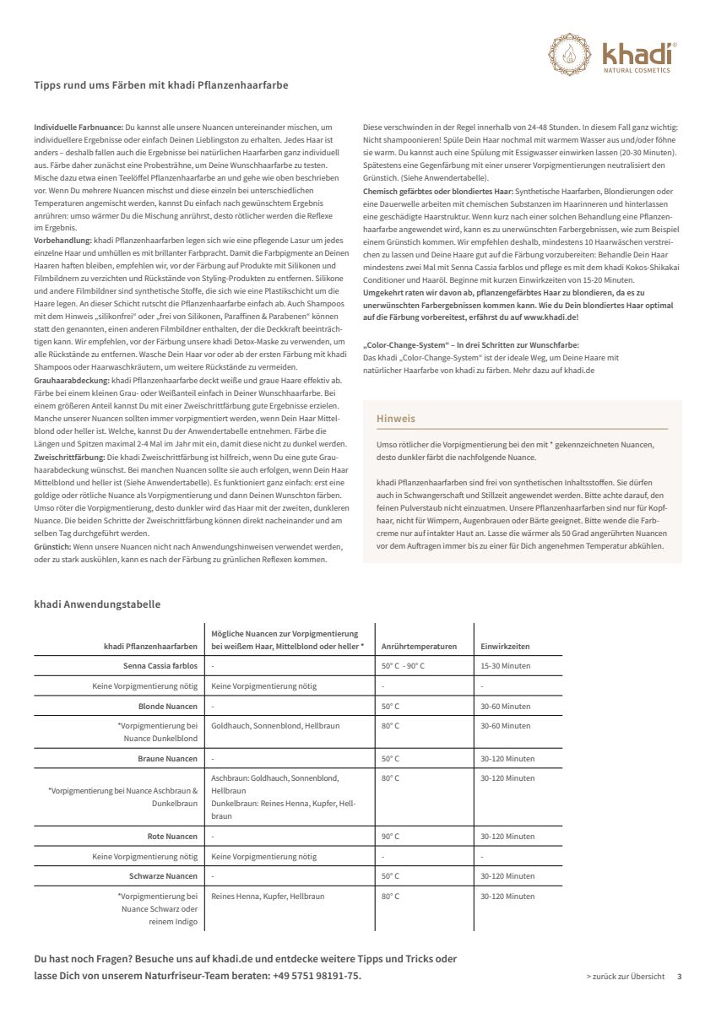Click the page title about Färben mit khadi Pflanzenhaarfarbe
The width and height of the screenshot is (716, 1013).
click(166, 85)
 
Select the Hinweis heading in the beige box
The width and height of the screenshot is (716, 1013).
click(396, 419)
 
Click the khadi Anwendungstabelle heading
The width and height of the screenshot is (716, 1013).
click(97, 604)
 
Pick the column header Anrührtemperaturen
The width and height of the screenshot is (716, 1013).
click(419, 647)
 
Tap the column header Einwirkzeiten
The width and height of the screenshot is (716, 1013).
click(505, 647)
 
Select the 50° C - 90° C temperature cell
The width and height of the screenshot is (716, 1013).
click(403, 666)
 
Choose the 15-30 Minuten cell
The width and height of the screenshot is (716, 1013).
click(505, 666)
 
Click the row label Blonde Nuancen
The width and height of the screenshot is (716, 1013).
click(168, 707)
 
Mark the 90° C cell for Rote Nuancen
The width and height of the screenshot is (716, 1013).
click(390, 837)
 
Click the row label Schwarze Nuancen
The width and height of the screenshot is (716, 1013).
click(163, 876)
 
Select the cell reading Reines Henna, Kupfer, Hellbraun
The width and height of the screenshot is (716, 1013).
click(267, 896)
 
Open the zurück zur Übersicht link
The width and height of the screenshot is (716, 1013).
click(625, 976)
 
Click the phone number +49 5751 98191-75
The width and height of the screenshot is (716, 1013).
click(317, 976)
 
